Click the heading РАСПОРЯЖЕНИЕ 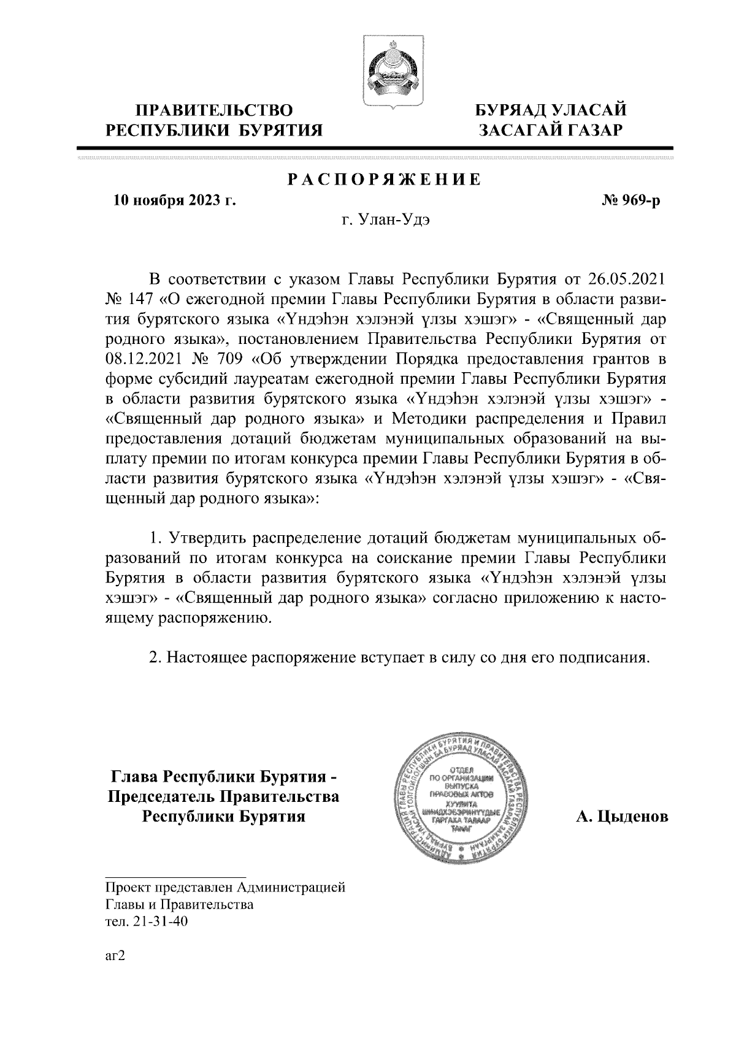(385, 180)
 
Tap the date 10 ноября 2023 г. (175, 200)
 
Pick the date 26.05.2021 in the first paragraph (626, 280)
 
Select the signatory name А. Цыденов (622, 817)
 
